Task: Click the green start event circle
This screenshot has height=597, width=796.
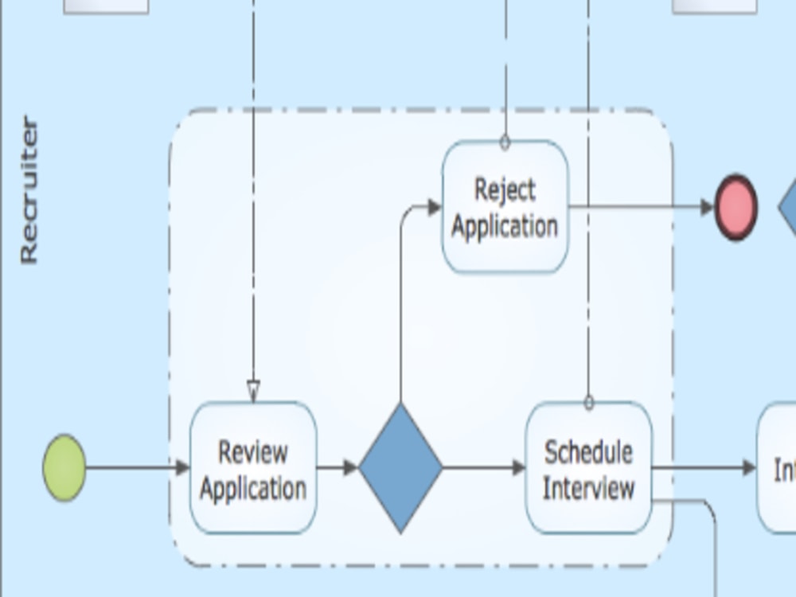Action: (x=64, y=468)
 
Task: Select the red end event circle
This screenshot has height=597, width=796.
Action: (x=736, y=207)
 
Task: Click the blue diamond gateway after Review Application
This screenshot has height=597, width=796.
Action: (x=400, y=468)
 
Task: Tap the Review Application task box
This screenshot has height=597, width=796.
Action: (x=253, y=468)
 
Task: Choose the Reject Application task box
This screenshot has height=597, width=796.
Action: (x=505, y=207)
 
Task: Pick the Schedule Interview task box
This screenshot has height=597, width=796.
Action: (x=589, y=468)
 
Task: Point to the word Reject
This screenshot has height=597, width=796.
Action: (x=505, y=189)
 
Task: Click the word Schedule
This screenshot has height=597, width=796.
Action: (x=588, y=451)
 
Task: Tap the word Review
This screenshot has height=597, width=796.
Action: (x=253, y=451)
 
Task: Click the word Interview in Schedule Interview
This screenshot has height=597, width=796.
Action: (x=588, y=487)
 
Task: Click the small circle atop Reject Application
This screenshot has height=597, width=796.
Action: (x=505, y=143)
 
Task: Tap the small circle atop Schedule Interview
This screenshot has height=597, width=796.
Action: (x=589, y=404)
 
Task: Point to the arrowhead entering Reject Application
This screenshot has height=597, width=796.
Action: (x=435, y=208)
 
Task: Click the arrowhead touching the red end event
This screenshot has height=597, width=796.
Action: (x=707, y=208)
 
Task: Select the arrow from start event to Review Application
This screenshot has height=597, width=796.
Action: (x=135, y=468)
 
